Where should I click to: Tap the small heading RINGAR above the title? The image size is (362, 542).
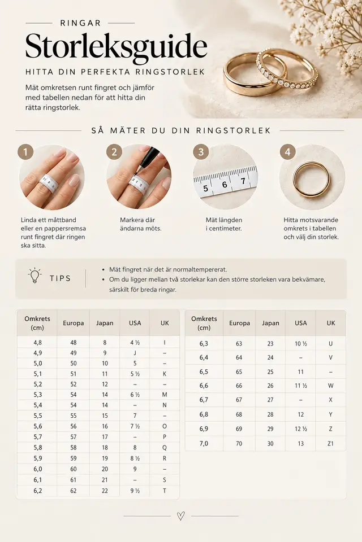80,23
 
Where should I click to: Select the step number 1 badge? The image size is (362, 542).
25,152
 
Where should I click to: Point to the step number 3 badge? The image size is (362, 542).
201,152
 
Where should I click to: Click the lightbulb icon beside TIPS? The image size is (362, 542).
35,276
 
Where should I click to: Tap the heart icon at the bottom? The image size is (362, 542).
181,516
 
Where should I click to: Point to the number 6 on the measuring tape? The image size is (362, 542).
225,185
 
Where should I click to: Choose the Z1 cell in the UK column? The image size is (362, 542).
330,444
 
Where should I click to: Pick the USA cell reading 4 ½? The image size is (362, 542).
135,343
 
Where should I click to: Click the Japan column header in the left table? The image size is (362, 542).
105,323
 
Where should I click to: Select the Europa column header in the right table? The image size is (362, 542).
239,323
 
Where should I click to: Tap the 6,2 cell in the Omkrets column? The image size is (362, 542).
38,491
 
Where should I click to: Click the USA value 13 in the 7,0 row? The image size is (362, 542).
301,444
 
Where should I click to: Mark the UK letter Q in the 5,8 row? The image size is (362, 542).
165,448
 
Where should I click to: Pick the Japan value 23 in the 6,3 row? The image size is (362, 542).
270,344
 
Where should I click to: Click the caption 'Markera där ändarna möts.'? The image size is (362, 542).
141,224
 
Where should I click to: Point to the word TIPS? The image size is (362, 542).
61,278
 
